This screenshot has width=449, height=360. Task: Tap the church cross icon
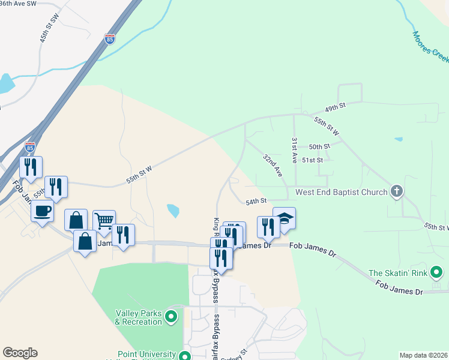click(396, 191)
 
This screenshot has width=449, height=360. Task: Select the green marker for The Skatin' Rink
click(438, 273)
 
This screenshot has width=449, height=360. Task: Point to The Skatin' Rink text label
click(397, 273)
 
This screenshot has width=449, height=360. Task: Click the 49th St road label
click(336, 106)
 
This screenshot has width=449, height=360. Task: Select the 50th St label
click(319, 146)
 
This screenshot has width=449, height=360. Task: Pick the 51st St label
click(312, 160)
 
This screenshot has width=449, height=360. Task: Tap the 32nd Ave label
click(272, 164)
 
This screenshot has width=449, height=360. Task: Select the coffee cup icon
click(43, 211)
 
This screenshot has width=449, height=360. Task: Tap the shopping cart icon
click(104, 221)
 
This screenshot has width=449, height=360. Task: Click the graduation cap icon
click(285, 218)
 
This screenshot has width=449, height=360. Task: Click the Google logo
click(20, 353)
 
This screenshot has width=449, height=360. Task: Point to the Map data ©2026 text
click(423, 355)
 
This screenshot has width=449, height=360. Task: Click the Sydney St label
click(235, 355)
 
